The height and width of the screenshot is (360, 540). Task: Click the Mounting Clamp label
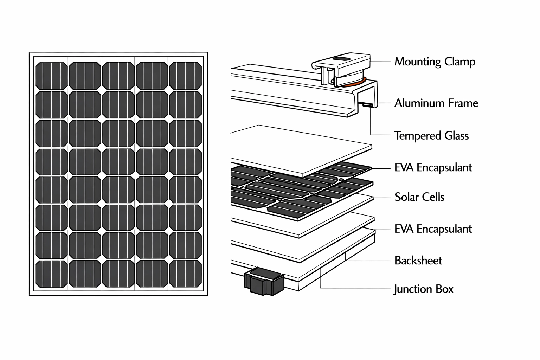(435, 62)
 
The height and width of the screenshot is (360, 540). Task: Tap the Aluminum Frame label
(436, 103)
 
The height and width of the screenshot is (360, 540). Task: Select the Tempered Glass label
(431, 136)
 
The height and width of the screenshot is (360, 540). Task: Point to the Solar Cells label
(419, 197)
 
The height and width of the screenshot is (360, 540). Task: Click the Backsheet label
(418, 261)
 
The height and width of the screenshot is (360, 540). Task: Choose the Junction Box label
(423, 289)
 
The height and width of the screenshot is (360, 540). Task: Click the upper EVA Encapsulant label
(433, 167)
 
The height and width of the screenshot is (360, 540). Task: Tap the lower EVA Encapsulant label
(433, 229)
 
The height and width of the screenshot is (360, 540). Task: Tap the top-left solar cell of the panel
(51, 76)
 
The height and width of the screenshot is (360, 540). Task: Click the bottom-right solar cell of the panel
(185, 274)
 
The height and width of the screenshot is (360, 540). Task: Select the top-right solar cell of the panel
(185, 76)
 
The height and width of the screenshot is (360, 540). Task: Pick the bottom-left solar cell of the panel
(51, 274)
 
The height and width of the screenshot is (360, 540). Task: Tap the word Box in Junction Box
(444, 289)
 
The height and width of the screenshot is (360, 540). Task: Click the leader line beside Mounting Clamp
(380, 61)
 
